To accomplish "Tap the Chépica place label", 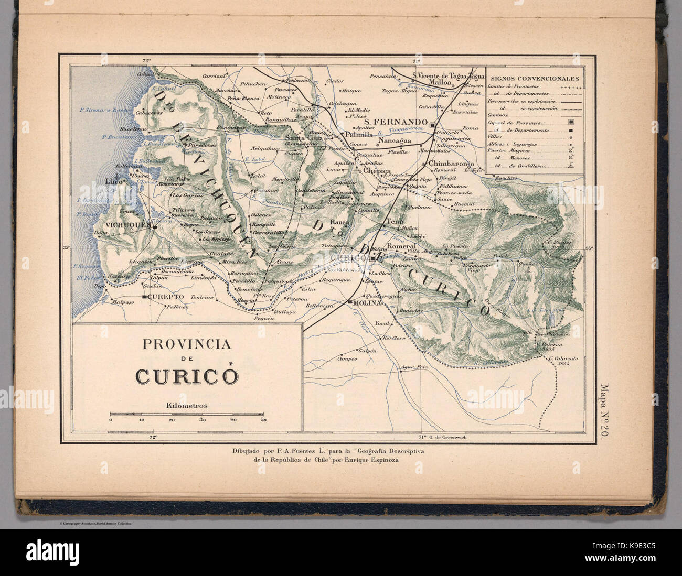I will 377,171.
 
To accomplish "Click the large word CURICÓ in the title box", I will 187,376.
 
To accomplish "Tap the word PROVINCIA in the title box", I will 187,344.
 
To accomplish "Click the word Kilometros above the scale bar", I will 187,406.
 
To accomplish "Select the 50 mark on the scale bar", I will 263,420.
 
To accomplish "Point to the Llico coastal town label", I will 113,181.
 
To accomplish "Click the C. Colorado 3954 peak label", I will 563,361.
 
